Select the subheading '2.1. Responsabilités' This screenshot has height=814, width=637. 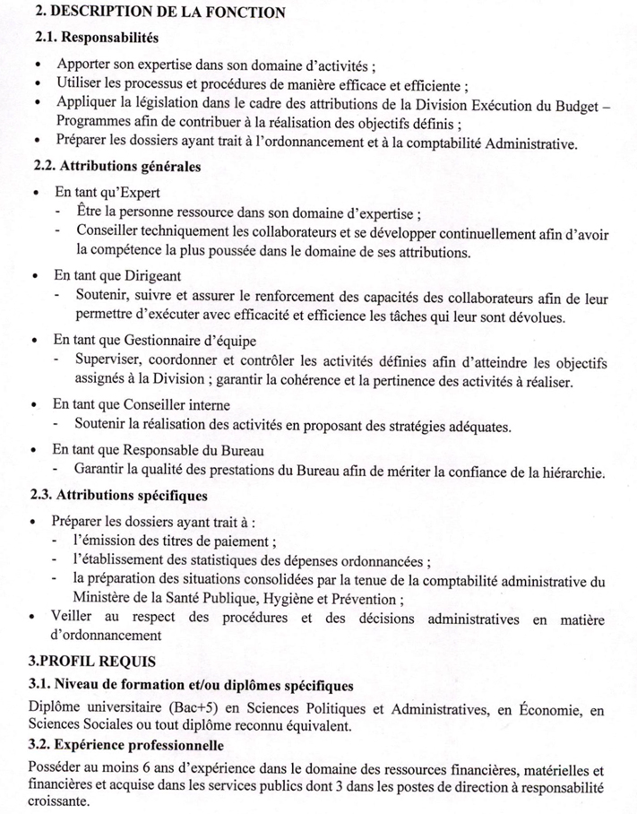pyautogui.click(x=96, y=39)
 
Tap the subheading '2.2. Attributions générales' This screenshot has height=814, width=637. pyautogui.click(x=116, y=167)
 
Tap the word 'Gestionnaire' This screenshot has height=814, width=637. pyautogui.click(x=161, y=341)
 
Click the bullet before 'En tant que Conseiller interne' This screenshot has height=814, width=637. pyautogui.click(x=35, y=405)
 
